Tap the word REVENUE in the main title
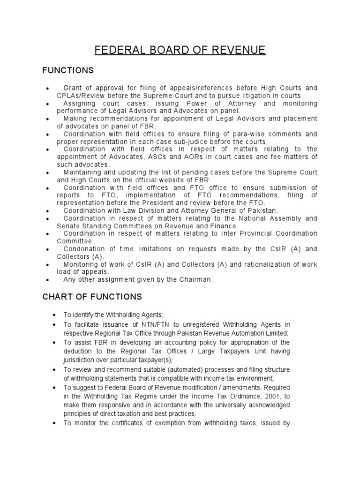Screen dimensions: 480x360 click(x=239, y=51)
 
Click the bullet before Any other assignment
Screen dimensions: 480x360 click(x=47, y=280)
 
